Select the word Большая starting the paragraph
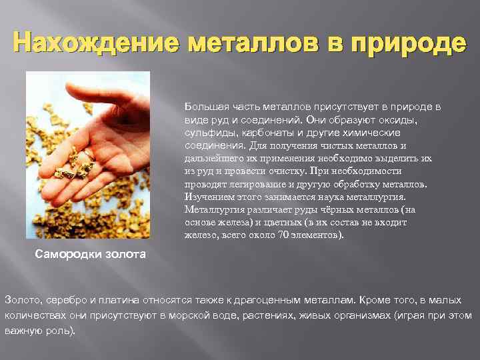(203, 107)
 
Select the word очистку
(284, 171)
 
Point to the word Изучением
(208, 197)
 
